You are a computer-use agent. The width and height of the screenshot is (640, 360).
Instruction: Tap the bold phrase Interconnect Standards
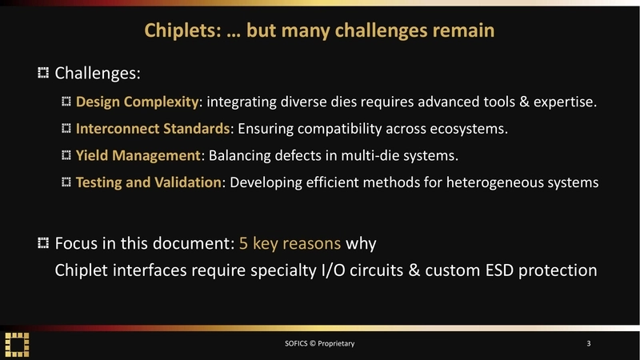tap(153, 128)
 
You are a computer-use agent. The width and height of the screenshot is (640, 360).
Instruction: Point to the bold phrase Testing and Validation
tap(148, 182)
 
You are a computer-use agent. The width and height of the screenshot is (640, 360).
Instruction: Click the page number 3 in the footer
tap(588, 344)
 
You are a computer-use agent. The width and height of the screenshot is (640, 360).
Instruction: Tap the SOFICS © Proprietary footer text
tap(319, 344)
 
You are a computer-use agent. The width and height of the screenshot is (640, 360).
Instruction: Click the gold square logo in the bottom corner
tap(18, 343)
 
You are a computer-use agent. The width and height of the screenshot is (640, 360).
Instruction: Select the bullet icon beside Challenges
tap(43, 74)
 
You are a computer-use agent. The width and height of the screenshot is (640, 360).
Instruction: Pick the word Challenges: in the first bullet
tap(98, 74)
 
